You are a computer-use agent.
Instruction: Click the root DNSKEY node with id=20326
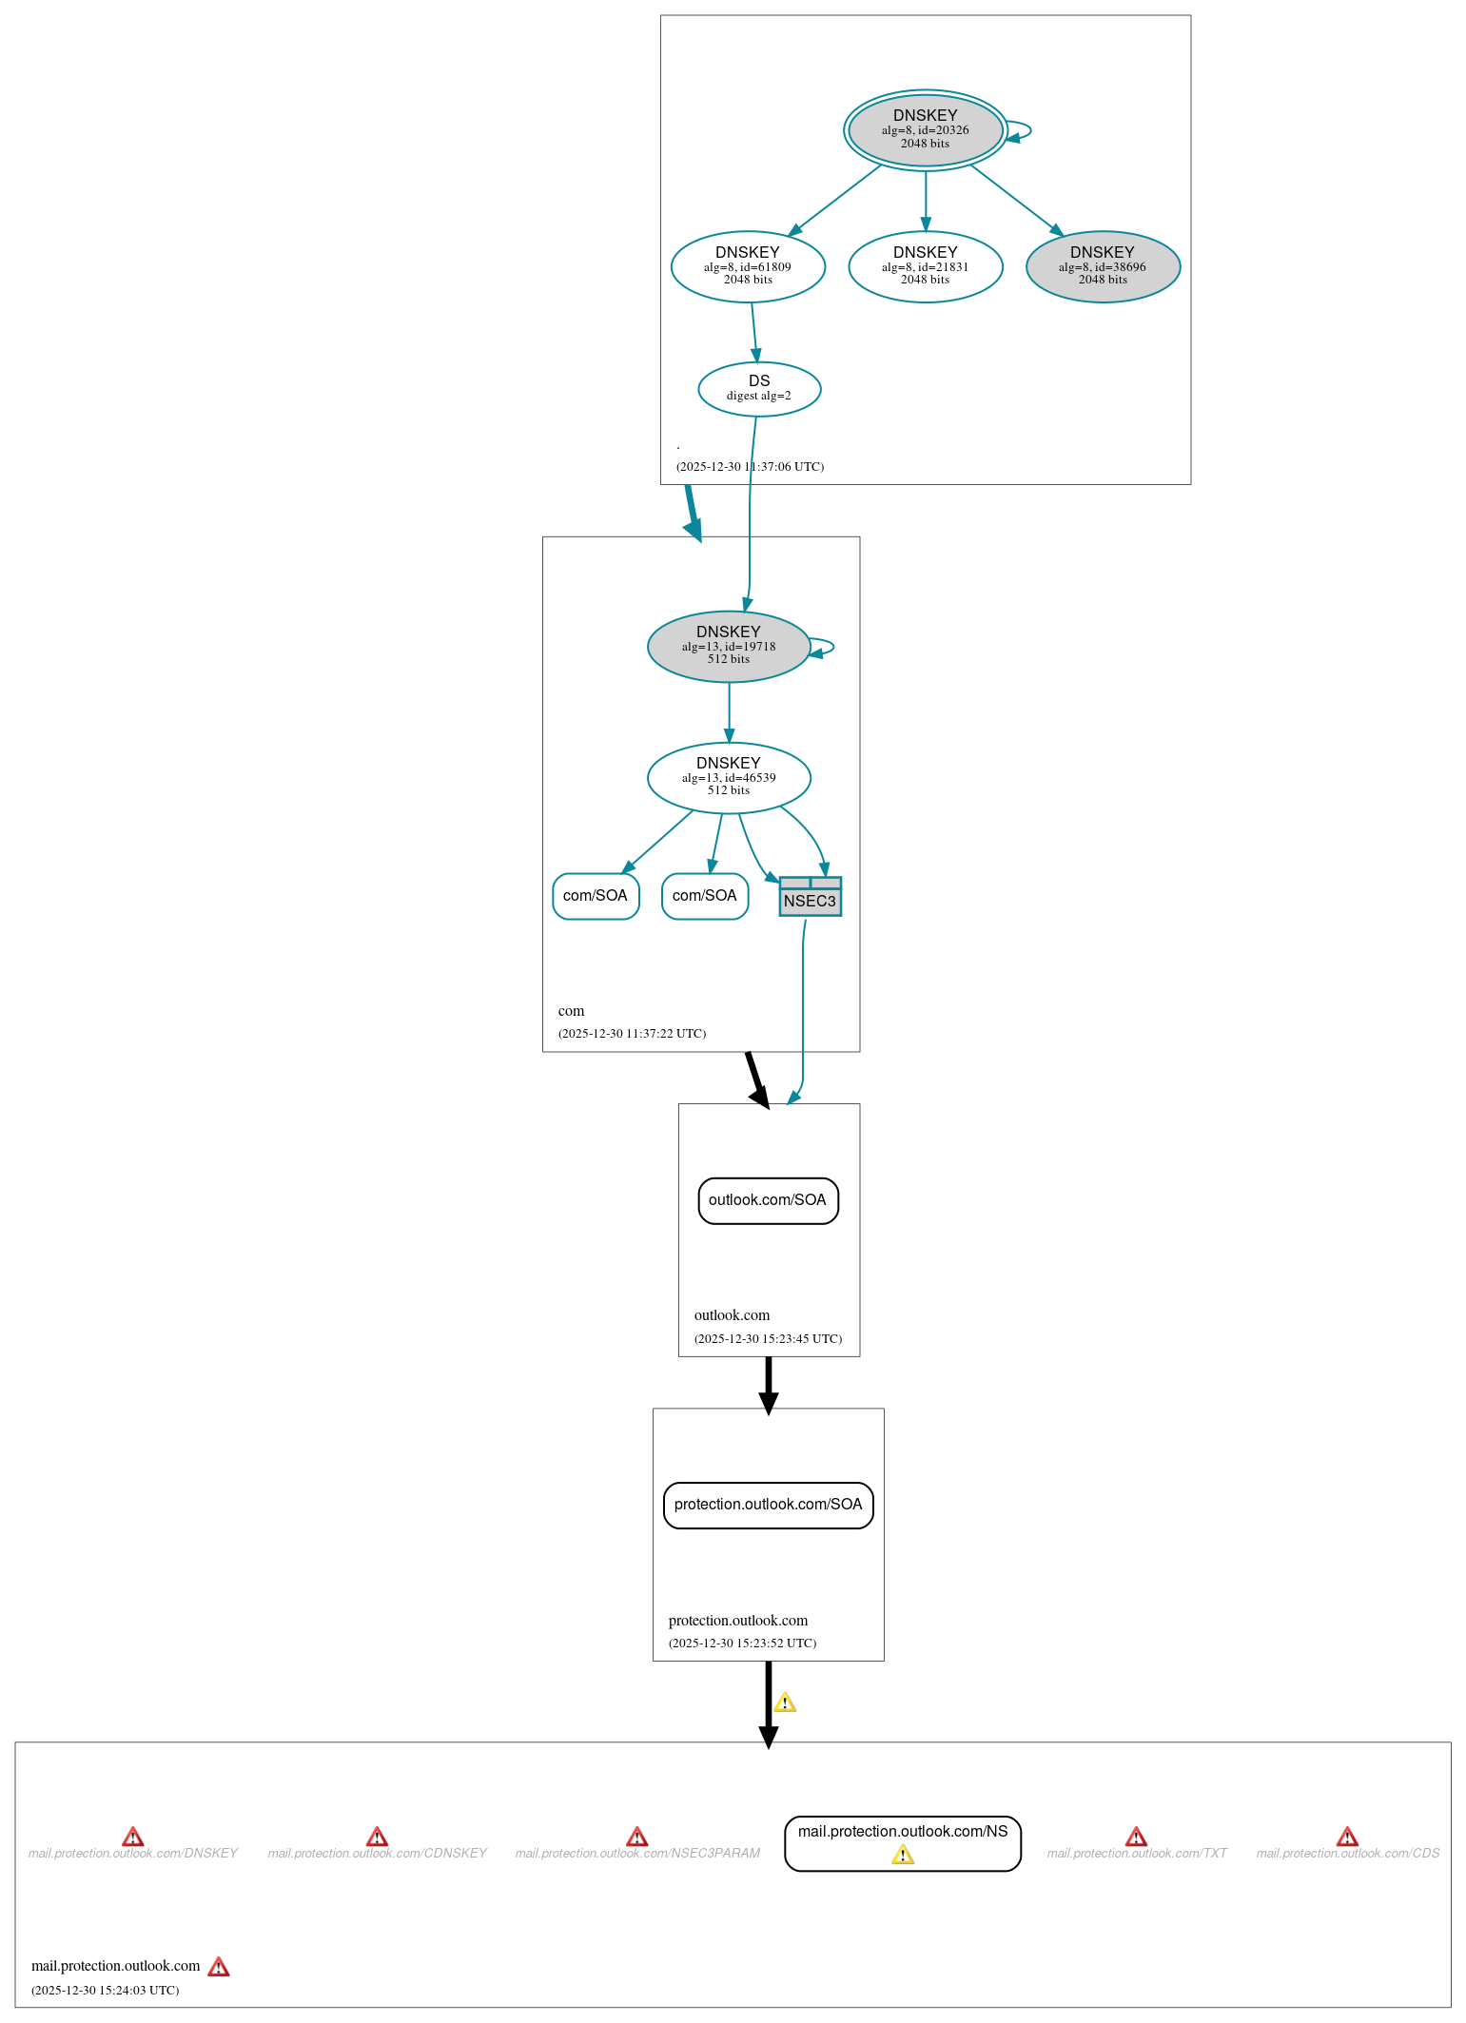(925, 130)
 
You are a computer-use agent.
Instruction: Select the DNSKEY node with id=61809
(748, 266)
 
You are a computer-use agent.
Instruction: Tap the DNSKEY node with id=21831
(925, 266)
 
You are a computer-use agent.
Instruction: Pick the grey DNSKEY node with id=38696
(1103, 266)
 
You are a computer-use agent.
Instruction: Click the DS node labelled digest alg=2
(759, 388)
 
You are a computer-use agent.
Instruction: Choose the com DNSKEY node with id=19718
(729, 646)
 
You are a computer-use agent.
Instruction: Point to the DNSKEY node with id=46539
(729, 777)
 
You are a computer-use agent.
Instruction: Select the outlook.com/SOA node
(768, 1200)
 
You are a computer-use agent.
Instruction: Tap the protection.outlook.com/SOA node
(768, 1505)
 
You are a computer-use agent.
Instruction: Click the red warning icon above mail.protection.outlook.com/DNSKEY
(133, 1837)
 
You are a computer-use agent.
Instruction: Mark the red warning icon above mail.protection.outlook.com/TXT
(1136, 1837)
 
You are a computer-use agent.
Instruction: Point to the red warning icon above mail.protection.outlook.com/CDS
(1347, 1837)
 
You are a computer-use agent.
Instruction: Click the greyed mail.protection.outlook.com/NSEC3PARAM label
(637, 1854)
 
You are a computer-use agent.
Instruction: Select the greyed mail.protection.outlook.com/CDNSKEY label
(377, 1854)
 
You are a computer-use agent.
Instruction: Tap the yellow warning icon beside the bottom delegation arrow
(785, 1702)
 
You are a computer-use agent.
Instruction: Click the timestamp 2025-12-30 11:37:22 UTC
(632, 1034)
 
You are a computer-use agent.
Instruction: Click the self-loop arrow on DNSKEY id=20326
(1026, 130)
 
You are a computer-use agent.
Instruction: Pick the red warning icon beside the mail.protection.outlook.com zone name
(219, 1967)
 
